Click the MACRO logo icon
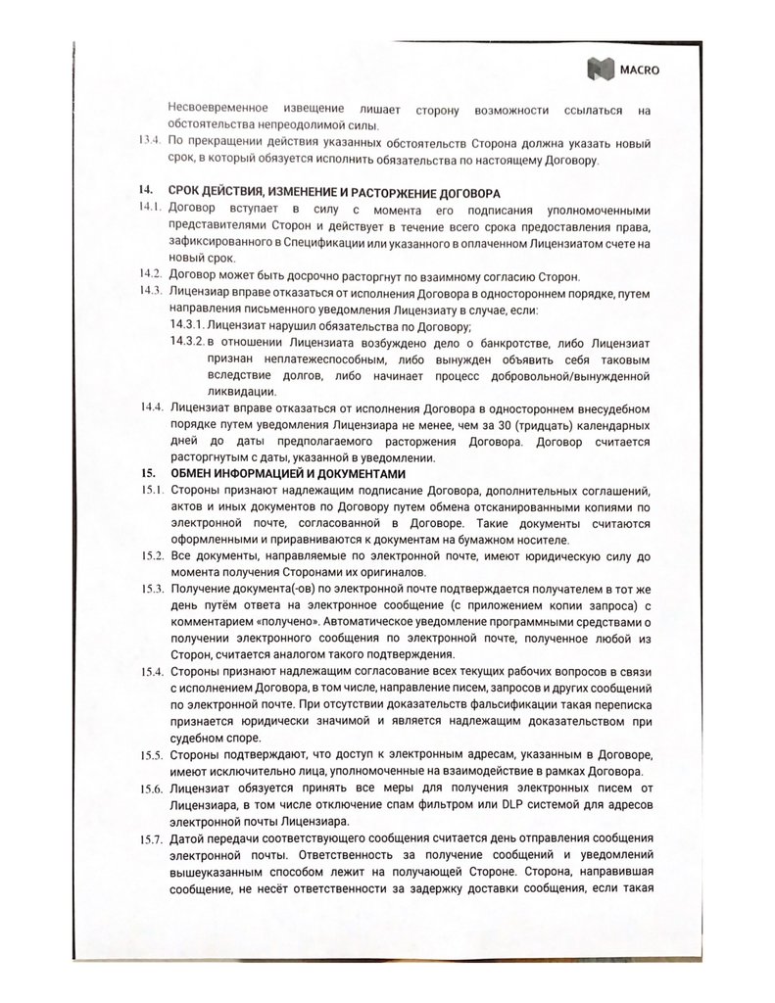coord(596,68)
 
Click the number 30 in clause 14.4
coord(504,423)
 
